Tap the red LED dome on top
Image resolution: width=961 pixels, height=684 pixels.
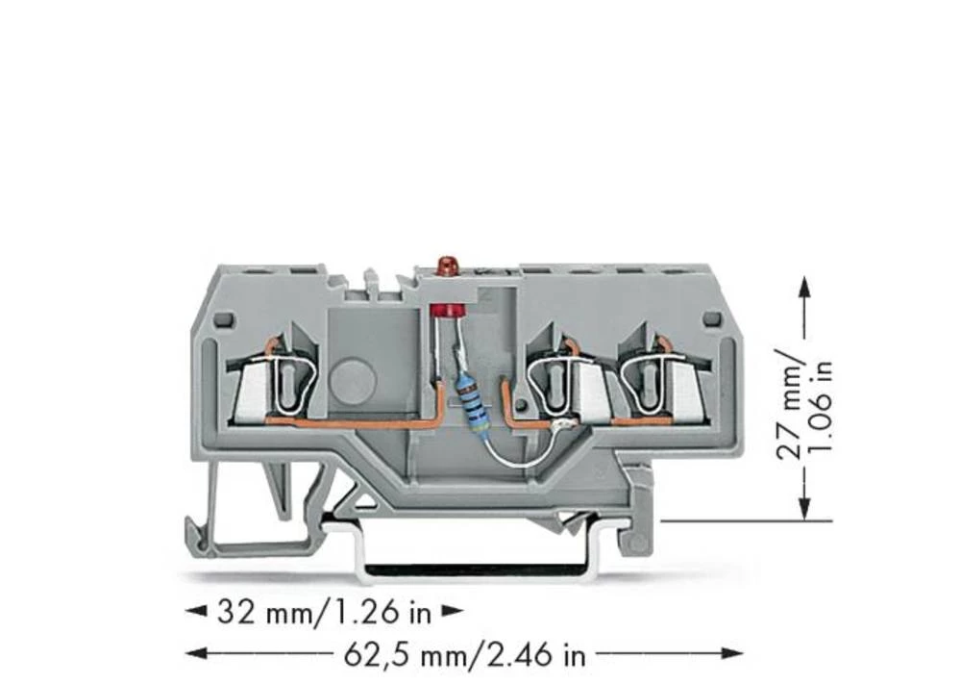pyautogui.click(x=445, y=263)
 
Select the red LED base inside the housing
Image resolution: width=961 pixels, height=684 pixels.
pyautogui.click(x=445, y=310)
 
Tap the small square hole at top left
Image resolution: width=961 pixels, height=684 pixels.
pyautogui.click(x=222, y=318)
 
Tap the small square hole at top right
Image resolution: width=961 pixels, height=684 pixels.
pyautogui.click(x=712, y=318)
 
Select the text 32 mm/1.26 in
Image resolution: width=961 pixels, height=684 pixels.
pyautogui.click(x=325, y=611)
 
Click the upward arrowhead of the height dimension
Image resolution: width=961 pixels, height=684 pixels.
pyautogui.click(x=804, y=286)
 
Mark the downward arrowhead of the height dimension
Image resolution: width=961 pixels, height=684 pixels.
pyautogui.click(x=804, y=511)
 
